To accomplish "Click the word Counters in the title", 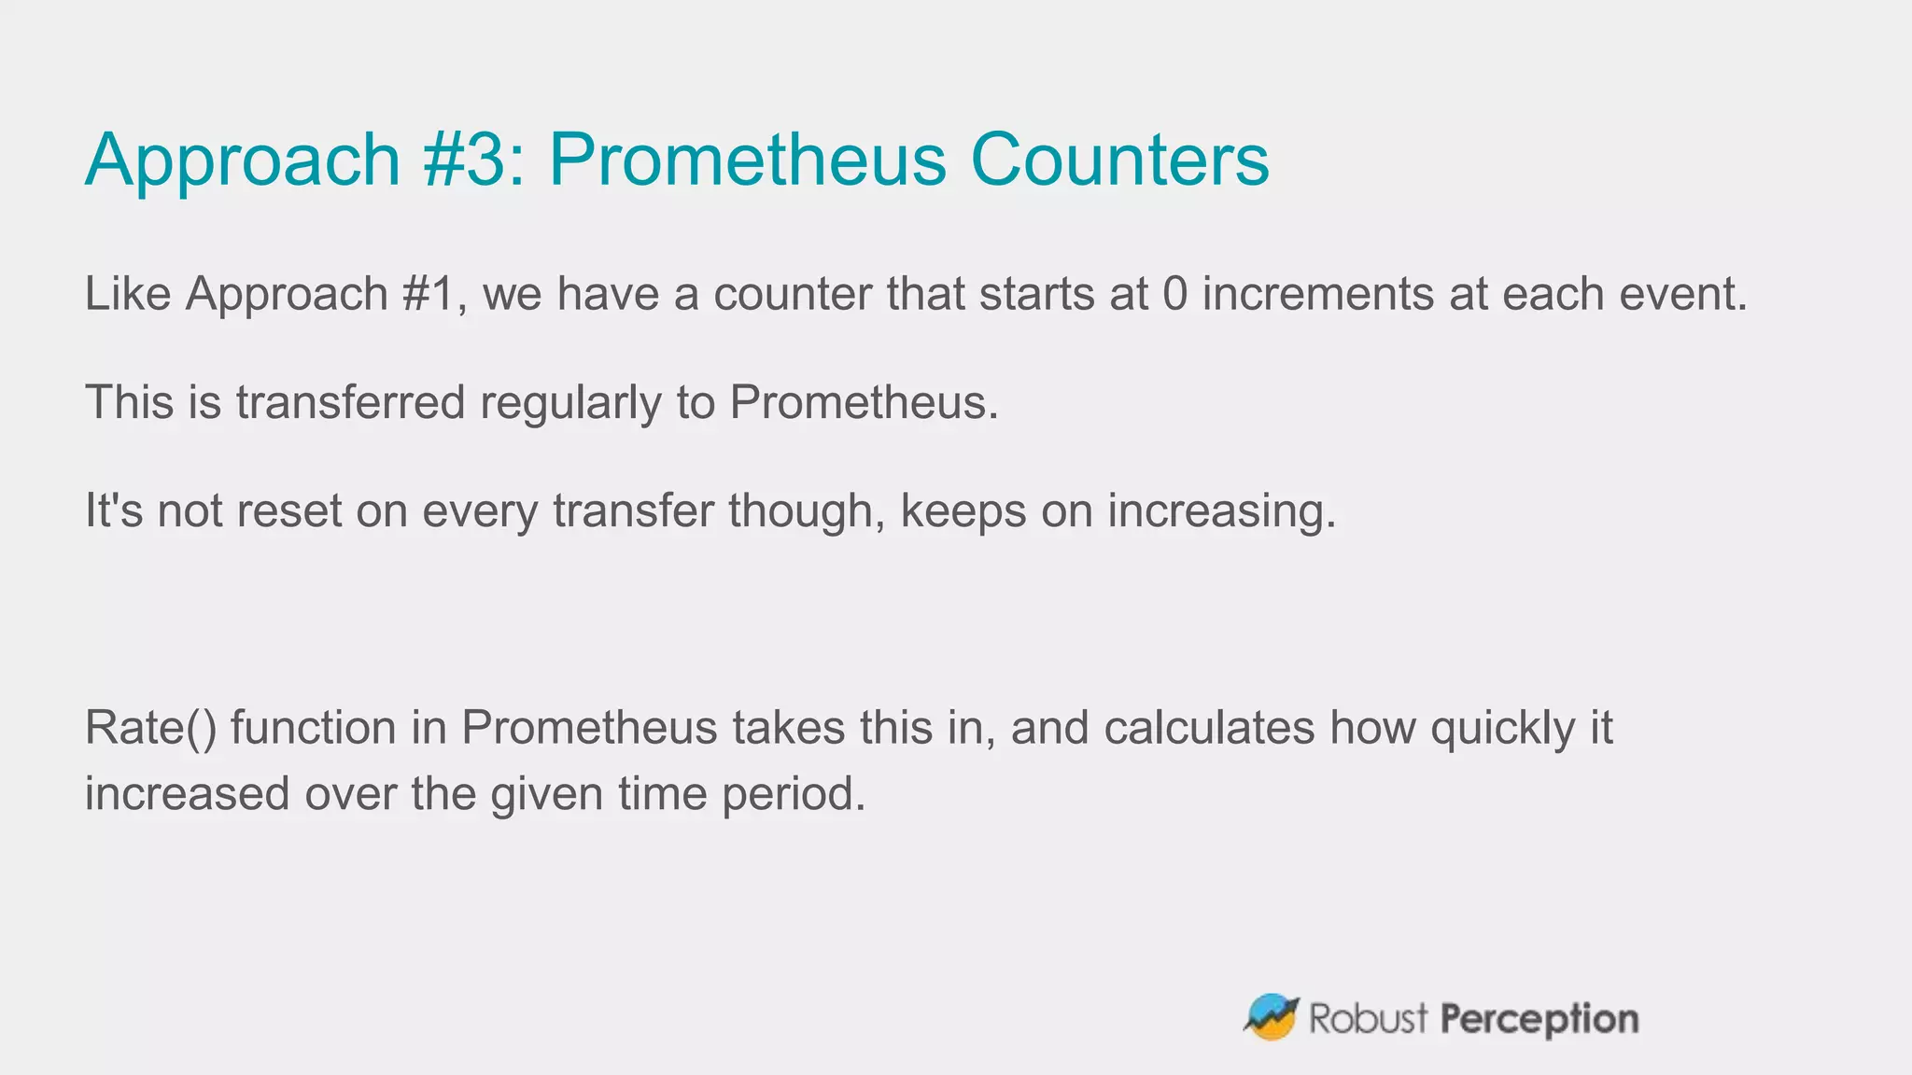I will click(1119, 161).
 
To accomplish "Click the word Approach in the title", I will click(243, 161).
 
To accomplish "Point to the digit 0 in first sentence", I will click(1175, 294).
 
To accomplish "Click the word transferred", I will click(350, 402).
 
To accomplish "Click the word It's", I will click(113, 510).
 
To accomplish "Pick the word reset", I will click(289, 510).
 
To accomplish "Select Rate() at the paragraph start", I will click(150, 728).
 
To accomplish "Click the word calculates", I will click(1209, 728).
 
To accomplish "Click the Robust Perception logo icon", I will click(1271, 1017).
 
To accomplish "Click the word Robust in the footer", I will click(1368, 1018).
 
